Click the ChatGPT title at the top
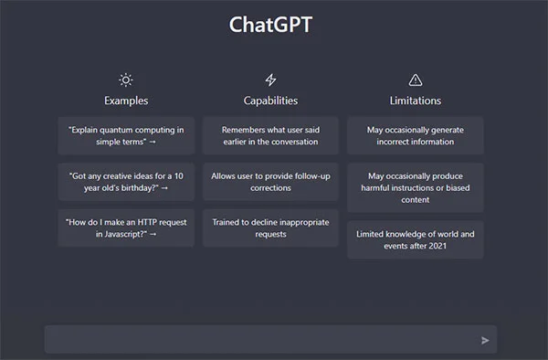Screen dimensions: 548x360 click(270, 25)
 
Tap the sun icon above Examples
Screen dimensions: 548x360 click(126, 80)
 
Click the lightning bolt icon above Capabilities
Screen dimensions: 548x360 click(270, 80)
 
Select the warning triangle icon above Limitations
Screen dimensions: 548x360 click(416, 80)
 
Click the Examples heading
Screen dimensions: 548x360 click(126, 101)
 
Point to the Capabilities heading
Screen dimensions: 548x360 click(270, 101)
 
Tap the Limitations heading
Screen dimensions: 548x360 click(416, 101)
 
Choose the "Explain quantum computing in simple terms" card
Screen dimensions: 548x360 click(126, 135)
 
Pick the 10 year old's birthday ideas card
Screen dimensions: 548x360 click(126, 182)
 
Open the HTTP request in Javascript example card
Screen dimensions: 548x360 click(126, 228)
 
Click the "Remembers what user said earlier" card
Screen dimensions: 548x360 click(270, 135)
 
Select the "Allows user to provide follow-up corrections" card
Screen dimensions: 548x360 click(270, 182)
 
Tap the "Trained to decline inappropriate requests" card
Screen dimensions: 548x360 click(270, 228)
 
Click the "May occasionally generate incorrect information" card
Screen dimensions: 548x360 click(416, 135)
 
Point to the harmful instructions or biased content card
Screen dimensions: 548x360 click(416, 187)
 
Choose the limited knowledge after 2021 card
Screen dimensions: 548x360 click(416, 239)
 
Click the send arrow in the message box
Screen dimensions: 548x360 click(485, 340)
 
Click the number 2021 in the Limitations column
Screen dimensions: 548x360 click(437, 246)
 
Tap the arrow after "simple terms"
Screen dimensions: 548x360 click(153, 142)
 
